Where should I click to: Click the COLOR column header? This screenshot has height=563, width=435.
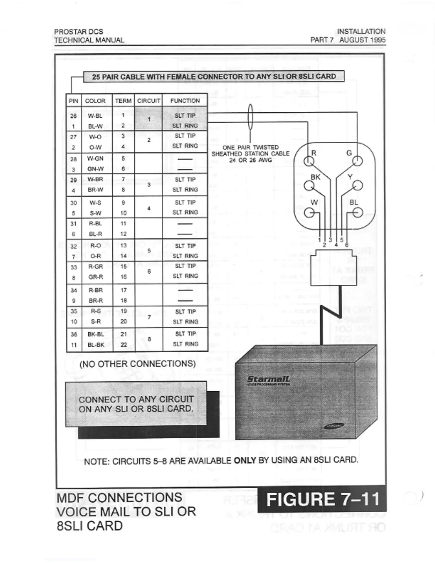(x=95, y=101)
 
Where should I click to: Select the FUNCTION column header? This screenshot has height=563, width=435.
(x=185, y=101)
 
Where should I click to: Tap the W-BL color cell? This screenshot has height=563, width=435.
(x=95, y=116)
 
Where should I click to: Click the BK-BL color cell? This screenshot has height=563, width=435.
(x=96, y=334)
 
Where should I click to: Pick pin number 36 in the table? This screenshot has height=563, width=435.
(x=74, y=334)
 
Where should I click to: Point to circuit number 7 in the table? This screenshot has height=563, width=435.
(x=149, y=317)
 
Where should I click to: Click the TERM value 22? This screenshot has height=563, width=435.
(x=123, y=344)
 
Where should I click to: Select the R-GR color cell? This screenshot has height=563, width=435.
(x=96, y=266)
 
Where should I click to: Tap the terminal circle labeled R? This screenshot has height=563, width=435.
(x=309, y=161)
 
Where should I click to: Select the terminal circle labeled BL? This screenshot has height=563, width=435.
(x=358, y=213)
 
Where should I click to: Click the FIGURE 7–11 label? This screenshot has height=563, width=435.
(x=322, y=499)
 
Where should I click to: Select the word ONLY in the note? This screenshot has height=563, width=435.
(x=245, y=460)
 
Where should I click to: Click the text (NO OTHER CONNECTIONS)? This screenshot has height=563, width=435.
(x=137, y=364)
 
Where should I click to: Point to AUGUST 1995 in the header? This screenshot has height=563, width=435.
(x=362, y=40)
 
